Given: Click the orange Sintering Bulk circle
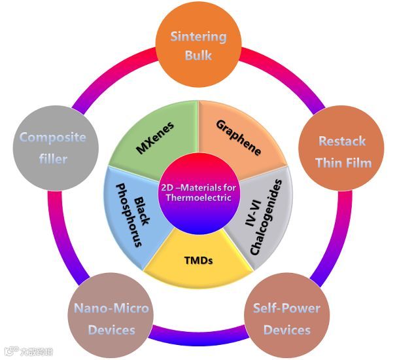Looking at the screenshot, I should [x=198, y=45].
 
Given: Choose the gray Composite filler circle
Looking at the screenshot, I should [x=53, y=148].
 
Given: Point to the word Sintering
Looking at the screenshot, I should [x=198, y=37].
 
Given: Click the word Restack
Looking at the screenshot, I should [x=341, y=141].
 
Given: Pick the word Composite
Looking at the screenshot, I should [x=53, y=137].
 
